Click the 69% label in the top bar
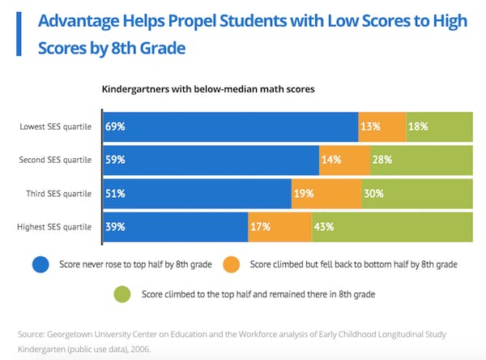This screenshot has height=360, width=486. point(114,126)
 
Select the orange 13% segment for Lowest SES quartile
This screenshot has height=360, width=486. point(382,126)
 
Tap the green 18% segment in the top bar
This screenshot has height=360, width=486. point(439,126)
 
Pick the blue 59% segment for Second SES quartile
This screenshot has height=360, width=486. point(211,160)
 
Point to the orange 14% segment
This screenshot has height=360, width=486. point(344,160)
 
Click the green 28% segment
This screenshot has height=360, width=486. point(421,160)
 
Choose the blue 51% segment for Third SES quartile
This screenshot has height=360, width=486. point(197,194)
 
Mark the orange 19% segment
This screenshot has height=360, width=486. point(326,194)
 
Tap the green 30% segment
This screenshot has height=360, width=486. point(417,194)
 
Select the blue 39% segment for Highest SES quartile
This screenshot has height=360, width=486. point(175,227)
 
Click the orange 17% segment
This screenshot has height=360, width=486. point(279,227)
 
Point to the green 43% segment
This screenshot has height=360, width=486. point(392,227)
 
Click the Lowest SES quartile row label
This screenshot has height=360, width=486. point(55,127)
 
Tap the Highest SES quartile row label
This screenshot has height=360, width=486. point(54,228)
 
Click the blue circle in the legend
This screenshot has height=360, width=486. point(41,264)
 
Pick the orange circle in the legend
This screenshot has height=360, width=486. point(232,264)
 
